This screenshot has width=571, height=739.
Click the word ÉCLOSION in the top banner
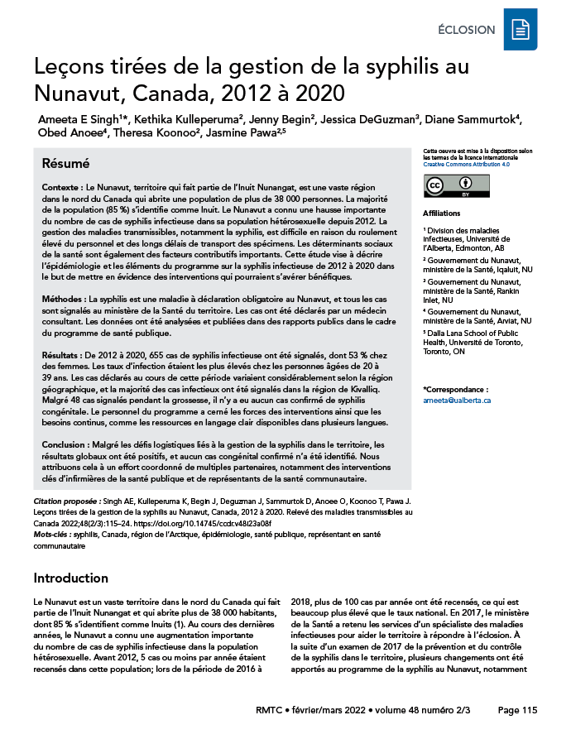tap(467, 31)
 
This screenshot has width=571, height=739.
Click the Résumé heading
tap(65, 164)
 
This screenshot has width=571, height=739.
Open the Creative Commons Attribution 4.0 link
tap(467, 165)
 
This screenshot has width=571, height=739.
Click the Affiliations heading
tap(442, 213)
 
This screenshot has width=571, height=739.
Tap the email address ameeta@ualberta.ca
tap(457, 400)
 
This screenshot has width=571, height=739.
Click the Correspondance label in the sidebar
tap(456, 389)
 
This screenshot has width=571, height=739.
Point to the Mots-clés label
tap(51, 535)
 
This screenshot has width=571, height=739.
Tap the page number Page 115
tap(517, 710)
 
